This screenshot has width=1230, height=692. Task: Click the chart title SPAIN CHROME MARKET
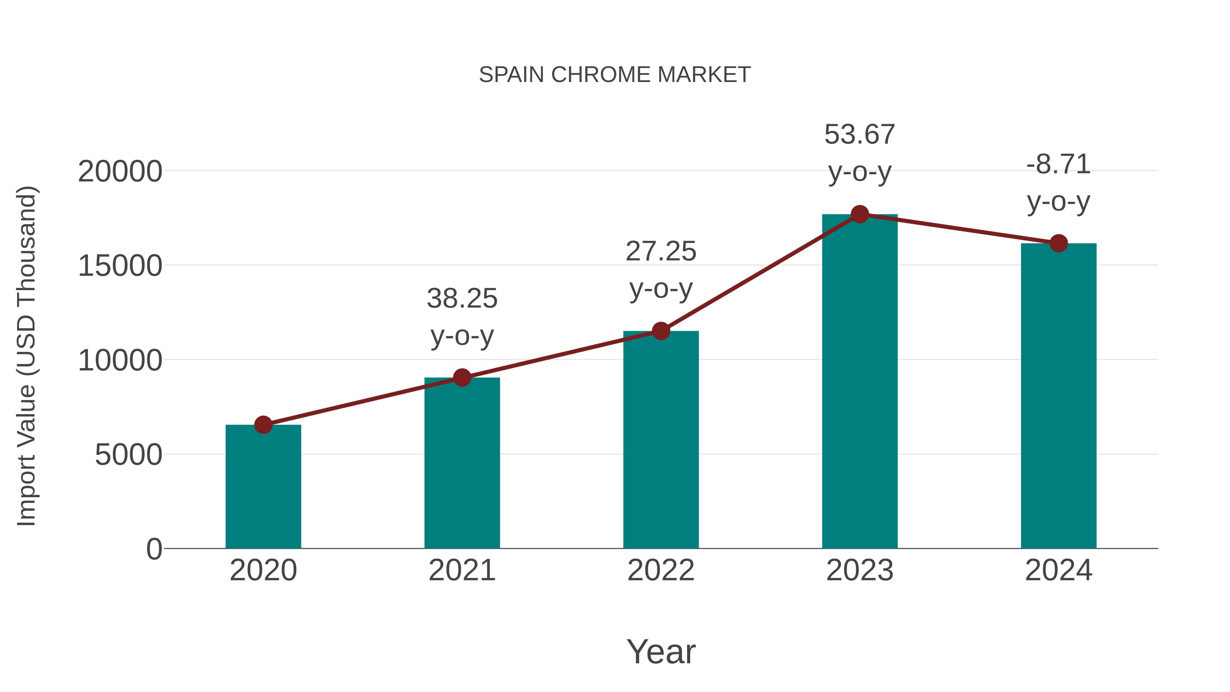615,75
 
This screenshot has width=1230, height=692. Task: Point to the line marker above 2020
263,424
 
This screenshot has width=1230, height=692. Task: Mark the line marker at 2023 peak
860,214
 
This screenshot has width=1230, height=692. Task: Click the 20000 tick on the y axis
120,172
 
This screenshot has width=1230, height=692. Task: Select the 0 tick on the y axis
154,549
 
